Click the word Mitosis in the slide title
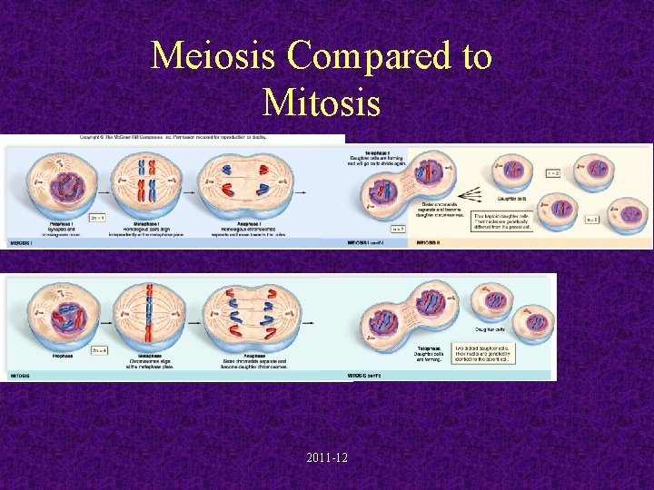click(x=321, y=102)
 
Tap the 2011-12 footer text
click(x=326, y=457)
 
